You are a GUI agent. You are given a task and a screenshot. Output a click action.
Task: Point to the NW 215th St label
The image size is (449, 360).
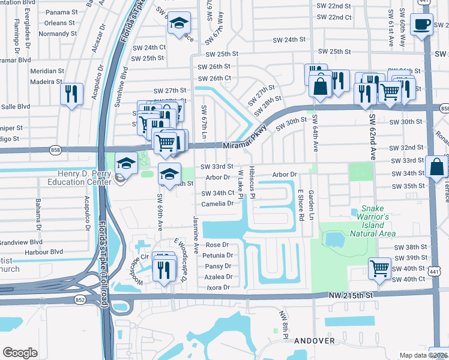pos(355,295)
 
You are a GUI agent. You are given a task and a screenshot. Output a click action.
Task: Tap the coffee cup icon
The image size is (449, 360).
pos(423,25)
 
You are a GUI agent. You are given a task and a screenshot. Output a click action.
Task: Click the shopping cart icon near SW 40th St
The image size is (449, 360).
pos(379,268)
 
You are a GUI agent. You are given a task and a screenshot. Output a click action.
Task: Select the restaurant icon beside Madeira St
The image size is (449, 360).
pos(71,94)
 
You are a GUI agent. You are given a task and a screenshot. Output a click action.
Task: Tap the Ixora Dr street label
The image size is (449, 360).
pos(218,287)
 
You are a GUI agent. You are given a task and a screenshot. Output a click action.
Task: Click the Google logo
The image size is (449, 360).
pos(20,352)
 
